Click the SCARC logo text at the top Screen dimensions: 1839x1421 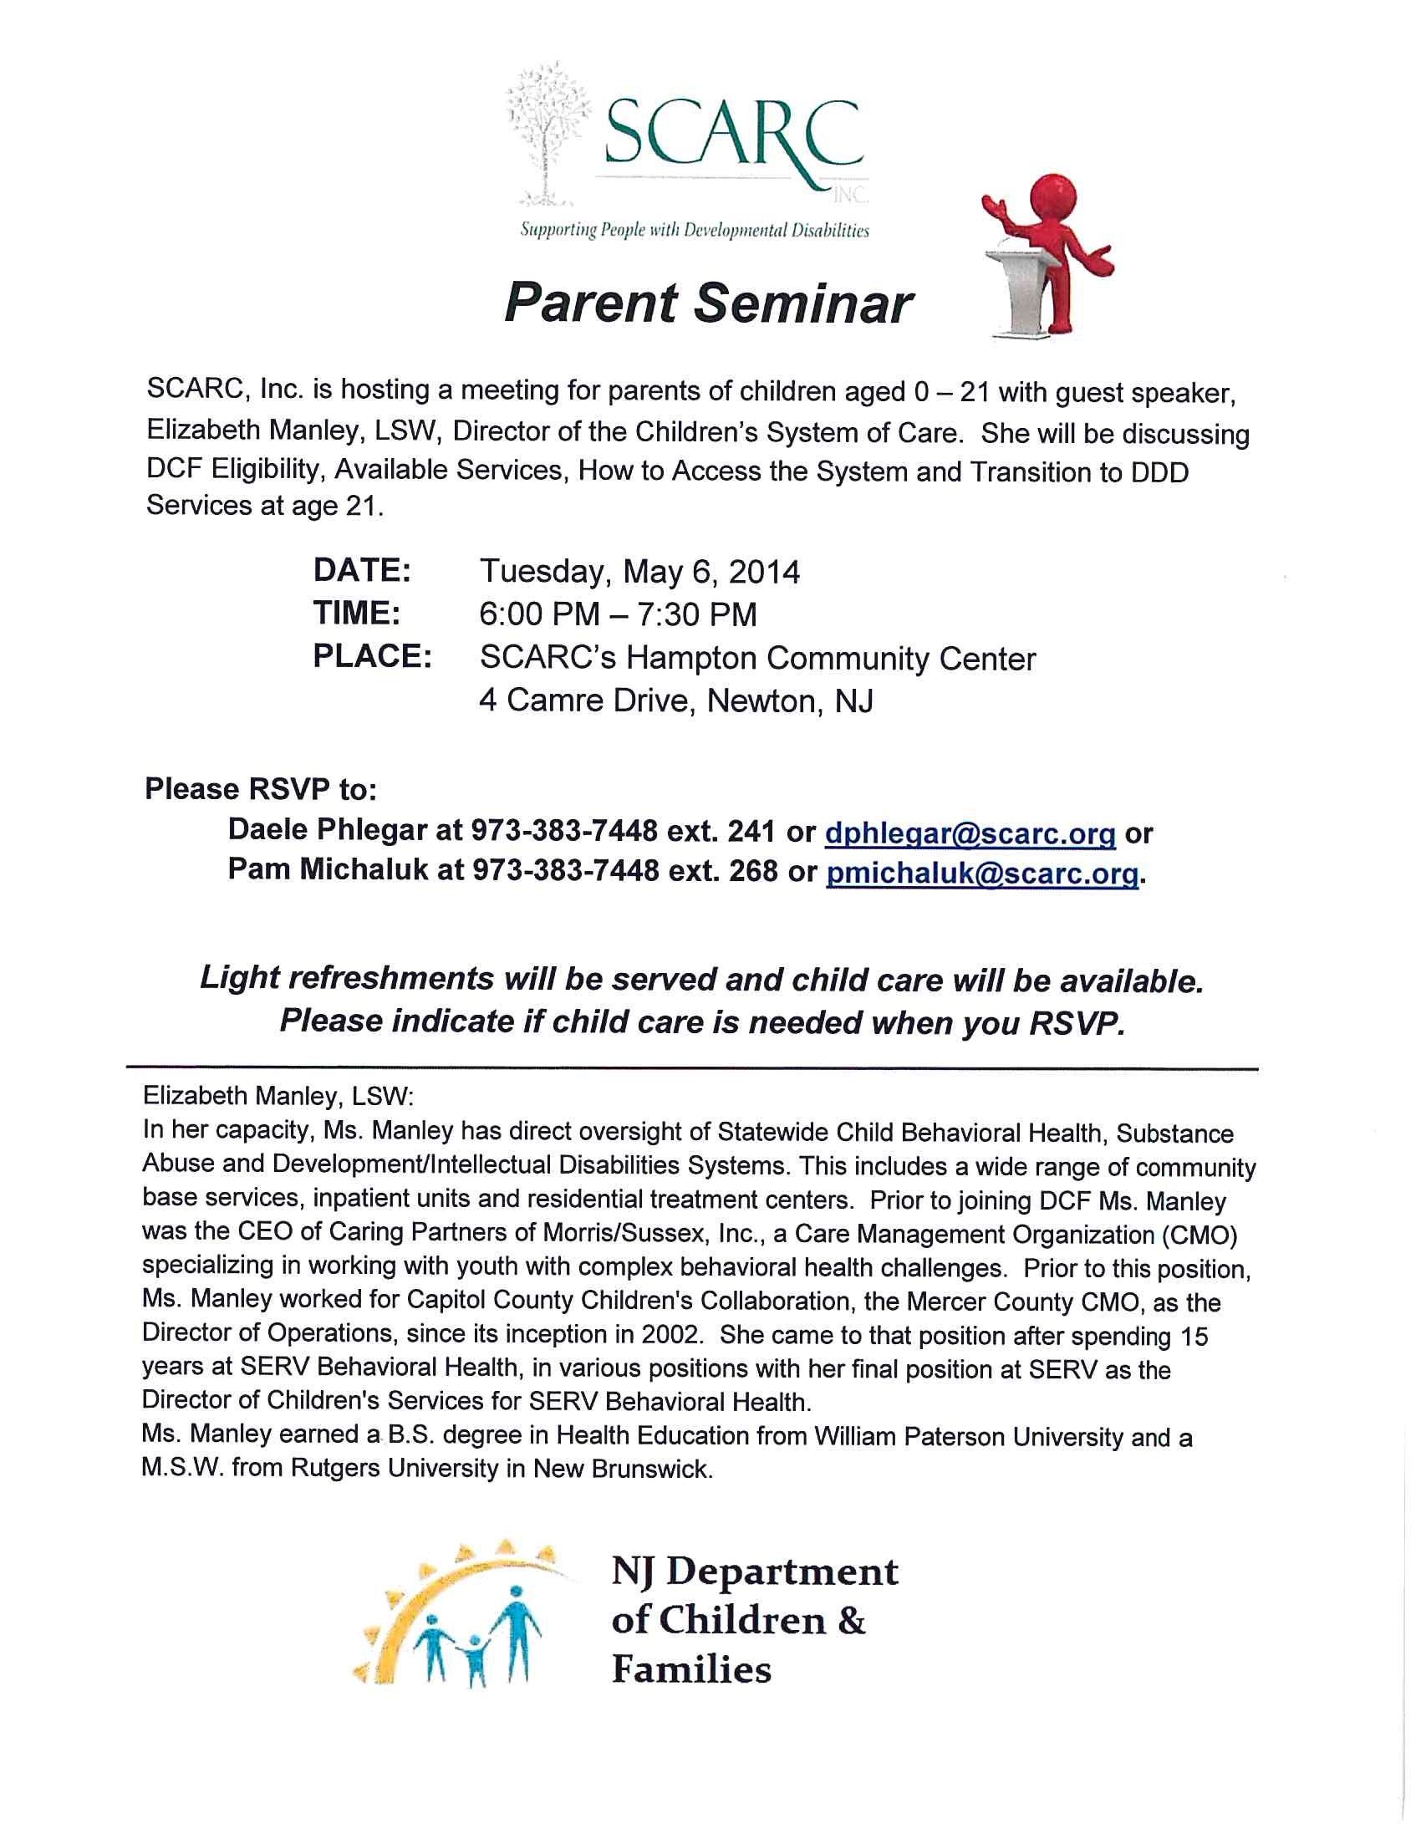click(x=732, y=135)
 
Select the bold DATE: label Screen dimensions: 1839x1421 click(x=362, y=570)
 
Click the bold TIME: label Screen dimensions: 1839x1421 click(x=357, y=613)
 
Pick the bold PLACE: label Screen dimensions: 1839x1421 click(x=372, y=656)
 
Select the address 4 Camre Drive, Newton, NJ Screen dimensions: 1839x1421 click(x=676, y=700)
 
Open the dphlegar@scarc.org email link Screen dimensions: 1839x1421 click(x=970, y=833)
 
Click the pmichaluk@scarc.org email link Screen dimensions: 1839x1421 click(x=982, y=874)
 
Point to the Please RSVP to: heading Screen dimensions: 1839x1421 click(x=261, y=789)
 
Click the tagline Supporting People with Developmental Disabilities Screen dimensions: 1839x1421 click(x=695, y=230)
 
